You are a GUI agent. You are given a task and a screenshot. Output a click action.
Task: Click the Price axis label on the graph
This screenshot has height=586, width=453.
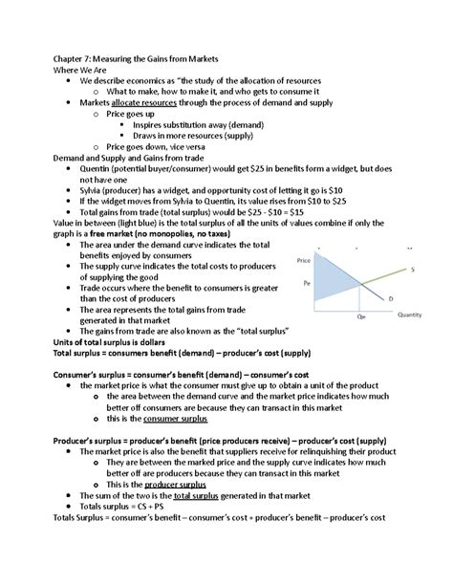tap(304, 260)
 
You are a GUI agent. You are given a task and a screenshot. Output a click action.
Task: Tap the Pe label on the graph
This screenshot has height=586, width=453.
tap(307, 283)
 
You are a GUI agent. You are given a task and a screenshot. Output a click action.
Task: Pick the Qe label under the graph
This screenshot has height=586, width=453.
tap(360, 315)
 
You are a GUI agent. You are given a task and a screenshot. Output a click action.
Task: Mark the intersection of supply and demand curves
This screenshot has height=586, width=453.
tap(360, 286)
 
